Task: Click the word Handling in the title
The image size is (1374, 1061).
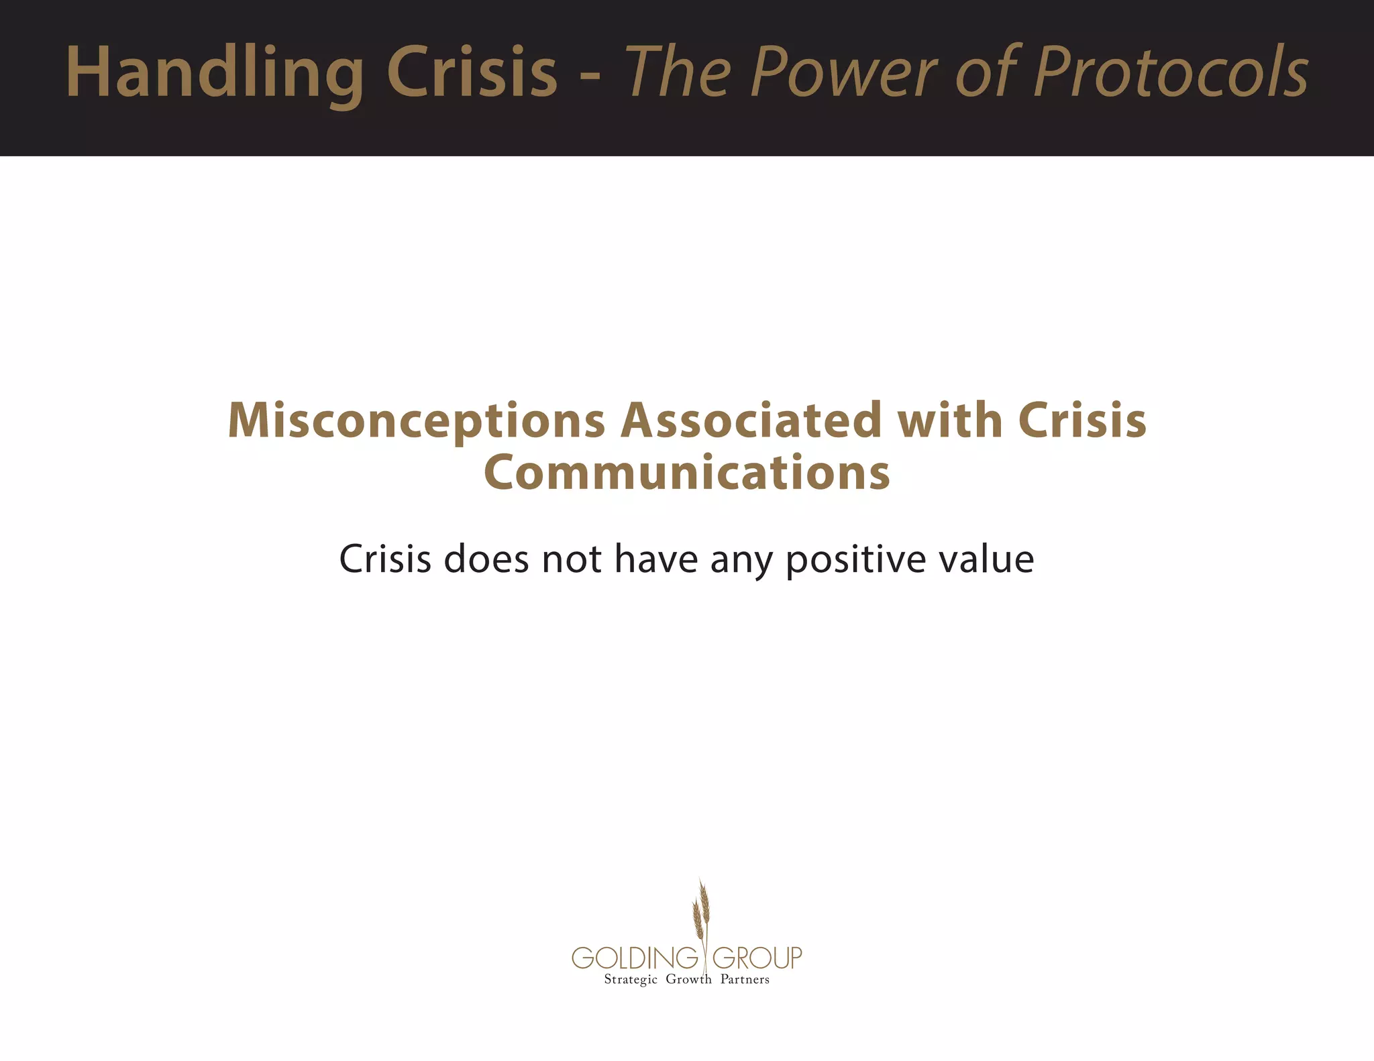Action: tap(215, 72)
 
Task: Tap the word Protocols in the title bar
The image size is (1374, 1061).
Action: tap(1171, 72)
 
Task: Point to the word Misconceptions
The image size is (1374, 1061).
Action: tap(417, 421)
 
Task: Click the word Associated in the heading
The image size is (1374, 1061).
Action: tap(751, 421)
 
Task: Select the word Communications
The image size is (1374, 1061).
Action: tap(687, 473)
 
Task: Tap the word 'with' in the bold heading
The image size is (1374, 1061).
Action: tap(950, 421)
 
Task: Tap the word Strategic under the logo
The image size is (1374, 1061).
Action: tap(631, 980)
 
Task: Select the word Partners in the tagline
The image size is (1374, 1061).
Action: tap(745, 979)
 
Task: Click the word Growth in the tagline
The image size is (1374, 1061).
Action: tap(688, 979)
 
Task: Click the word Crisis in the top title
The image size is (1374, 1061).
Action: tap(472, 72)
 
